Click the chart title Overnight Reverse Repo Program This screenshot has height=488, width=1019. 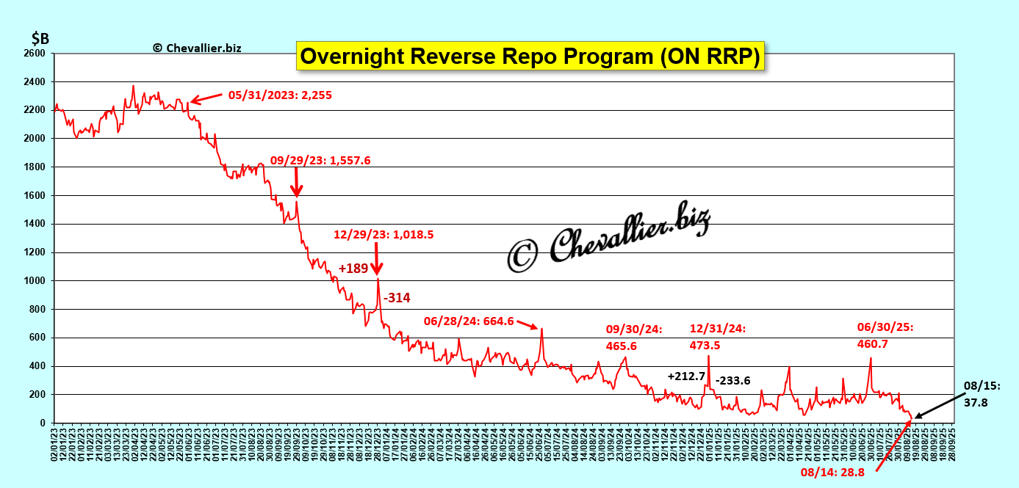tap(530, 57)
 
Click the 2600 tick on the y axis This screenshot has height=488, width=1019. tap(35, 54)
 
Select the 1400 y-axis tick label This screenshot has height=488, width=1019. tap(35, 224)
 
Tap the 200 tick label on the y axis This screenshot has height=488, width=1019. tap(37, 395)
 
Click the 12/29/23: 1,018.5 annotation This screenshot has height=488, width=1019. tap(384, 235)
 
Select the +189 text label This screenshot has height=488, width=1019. tap(353, 268)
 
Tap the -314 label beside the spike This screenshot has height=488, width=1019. tap(397, 297)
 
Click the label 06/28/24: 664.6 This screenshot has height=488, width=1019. tap(469, 321)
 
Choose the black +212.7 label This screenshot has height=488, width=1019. tap(686, 376)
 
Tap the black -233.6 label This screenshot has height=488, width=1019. tap(733, 380)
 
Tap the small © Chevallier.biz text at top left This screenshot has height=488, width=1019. tap(197, 48)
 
